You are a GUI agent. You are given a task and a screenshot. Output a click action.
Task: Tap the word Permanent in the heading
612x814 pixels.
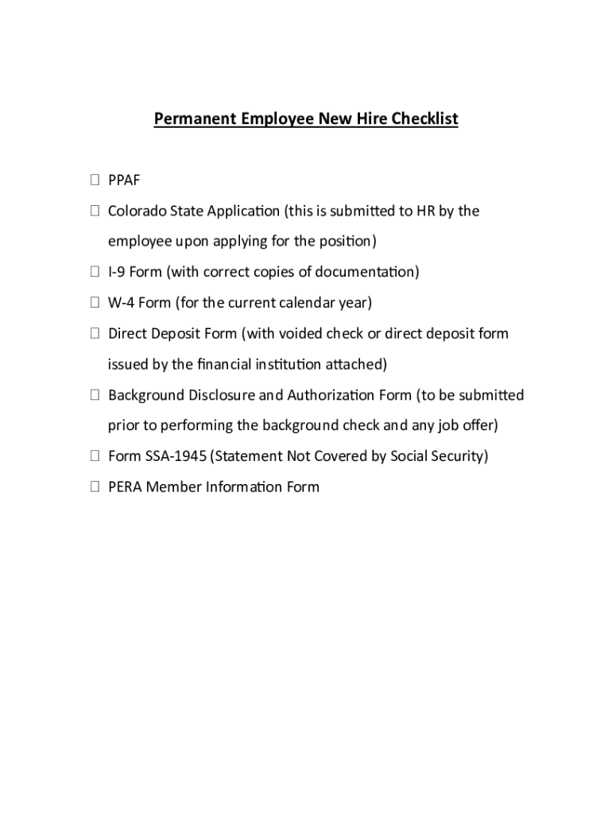point(189,119)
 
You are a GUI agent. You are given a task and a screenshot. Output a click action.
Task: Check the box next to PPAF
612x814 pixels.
point(95,180)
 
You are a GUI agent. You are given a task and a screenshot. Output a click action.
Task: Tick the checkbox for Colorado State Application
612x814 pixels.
point(95,211)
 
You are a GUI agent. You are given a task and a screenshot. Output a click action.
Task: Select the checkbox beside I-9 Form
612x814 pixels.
point(95,273)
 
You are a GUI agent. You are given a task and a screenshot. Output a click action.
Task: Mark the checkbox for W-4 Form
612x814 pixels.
point(95,303)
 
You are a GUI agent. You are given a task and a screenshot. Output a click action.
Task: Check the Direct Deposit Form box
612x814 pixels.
point(95,334)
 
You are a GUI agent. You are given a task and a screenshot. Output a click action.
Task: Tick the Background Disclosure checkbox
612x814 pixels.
point(95,395)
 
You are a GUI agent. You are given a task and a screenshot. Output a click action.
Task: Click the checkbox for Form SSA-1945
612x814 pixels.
point(95,456)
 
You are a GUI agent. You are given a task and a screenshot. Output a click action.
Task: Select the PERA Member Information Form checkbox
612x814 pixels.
point(95,487)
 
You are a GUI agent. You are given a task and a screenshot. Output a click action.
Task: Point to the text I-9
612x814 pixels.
point(117,273)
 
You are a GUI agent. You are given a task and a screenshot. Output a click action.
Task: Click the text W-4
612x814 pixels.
point(120,303)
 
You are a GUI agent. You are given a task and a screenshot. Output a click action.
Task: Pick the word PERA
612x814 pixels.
point(125,487)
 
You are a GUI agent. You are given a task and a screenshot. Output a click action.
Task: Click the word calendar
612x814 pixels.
point(304,303)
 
